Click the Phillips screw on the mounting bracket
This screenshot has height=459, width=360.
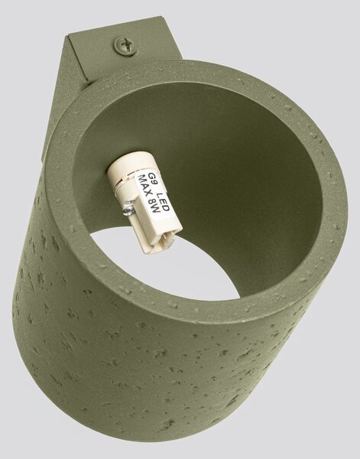click(x=125, y=46)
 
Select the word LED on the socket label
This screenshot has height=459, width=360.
click(x=163, y=202)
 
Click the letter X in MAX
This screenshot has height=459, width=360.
click(x=148, y=195)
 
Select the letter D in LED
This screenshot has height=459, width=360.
click(x=166, y=208)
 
